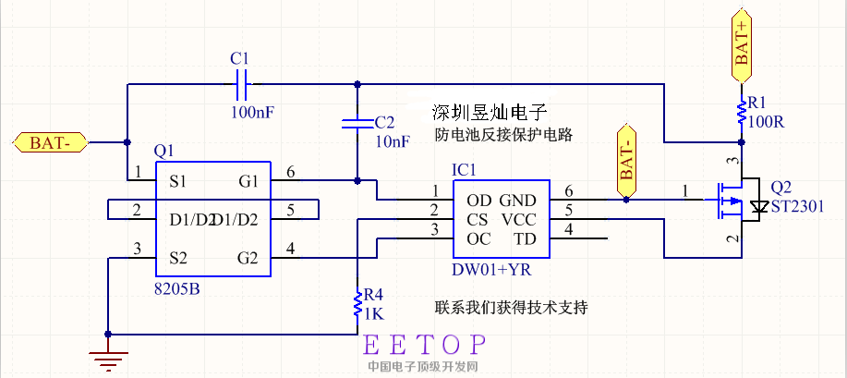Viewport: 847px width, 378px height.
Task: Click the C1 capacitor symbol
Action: (242, 87)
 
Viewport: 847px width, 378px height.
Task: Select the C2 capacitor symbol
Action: (355, 122)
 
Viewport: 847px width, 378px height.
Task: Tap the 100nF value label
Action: (252, 112)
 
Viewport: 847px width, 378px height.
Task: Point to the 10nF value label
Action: (393, 141)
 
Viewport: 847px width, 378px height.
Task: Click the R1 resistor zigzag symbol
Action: (741, 113)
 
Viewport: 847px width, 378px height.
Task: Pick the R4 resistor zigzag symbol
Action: (357, 304)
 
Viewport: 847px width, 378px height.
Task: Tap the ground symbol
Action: (108, 350)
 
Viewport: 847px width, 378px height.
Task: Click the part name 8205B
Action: (176, 288)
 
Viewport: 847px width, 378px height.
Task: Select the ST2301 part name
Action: (796, 205)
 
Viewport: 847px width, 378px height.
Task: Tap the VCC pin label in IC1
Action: (517, 220)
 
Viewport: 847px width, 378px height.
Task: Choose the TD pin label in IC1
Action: (524, 239)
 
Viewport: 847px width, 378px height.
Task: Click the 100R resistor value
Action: (766, 121)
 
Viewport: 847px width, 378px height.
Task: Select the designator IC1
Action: (465, 170)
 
